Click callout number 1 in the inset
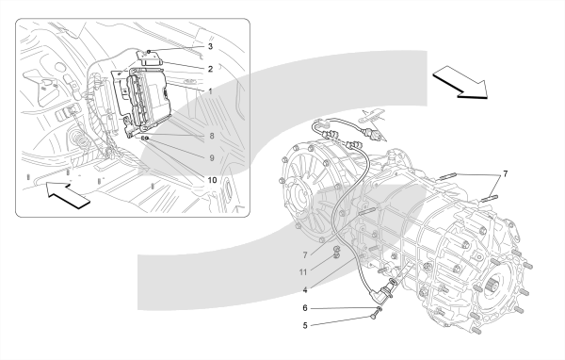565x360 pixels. tap(211, 91)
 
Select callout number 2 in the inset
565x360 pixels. tap(210, 69)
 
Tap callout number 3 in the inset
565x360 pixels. tap(210, 46)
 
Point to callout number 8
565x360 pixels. tap(212, 136)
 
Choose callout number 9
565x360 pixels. tap(212, 158)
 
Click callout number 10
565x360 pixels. tap(212, 180)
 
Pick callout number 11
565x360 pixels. tap(303, 272)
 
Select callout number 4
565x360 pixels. tap(305, 289)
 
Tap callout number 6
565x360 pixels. tap(305, 308)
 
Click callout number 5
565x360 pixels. tap(305, 326)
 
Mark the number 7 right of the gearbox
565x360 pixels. tap(505, 174)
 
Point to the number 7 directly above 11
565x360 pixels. tap(305, 255)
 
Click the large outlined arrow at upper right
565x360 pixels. tap(460, 82)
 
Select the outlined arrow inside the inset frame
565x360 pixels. tap(68, 195)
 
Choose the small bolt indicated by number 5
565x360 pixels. tap(373, 317)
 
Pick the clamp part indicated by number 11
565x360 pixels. tap(336, 252)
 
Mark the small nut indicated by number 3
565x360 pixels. tap(149, 52)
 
